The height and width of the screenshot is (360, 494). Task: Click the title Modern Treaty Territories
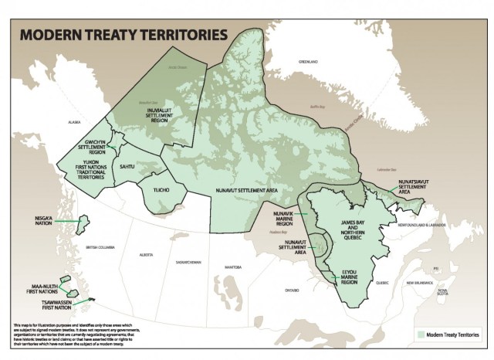point(123,35)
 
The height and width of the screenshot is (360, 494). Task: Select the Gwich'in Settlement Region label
point(90,147)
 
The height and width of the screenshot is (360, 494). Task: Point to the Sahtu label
point(129,166)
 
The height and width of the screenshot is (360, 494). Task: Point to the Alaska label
point(75,122)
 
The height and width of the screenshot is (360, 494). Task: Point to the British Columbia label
point(100,246)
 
